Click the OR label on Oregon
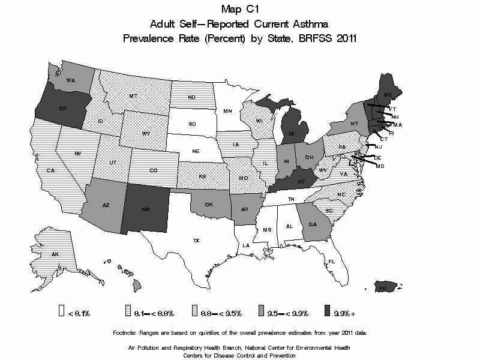[x=62, y=109]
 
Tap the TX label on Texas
[x=196, y=241]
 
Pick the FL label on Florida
[x=331, y=261]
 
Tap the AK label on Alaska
[x=55, y=254]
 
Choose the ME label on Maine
[x=388, y=95]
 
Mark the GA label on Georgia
[x=313, y=224]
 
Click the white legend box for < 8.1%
[x=61, y=311]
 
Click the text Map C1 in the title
[x=239, y=9]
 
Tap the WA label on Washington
[x=70, y=80]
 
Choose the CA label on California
[x=50, y=171]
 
